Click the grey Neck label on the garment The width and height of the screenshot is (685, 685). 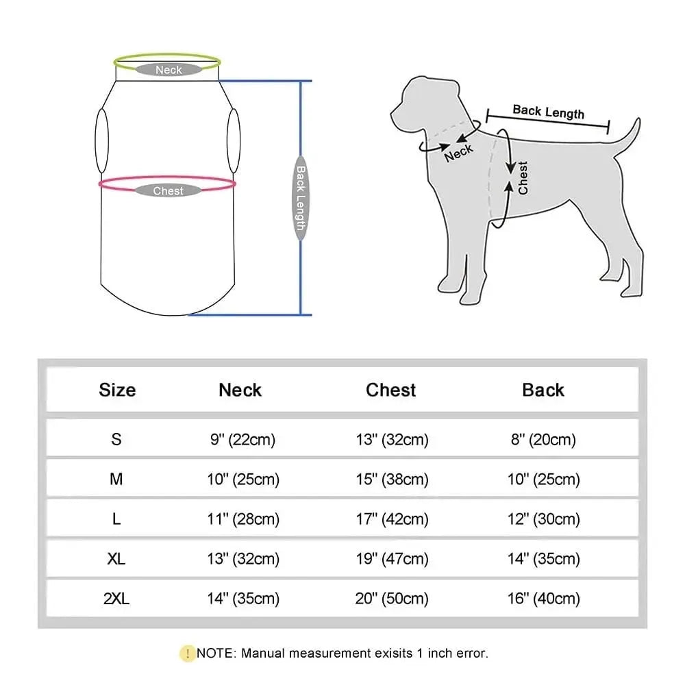[x=169, y=69]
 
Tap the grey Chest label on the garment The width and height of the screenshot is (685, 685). [x=168, y=191]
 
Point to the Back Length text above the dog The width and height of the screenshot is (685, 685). [x=548, y=112]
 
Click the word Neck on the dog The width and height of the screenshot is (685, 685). [x=458, y=153]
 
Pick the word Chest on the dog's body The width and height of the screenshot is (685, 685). [x=523, y=177]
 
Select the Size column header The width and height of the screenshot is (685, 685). [x=117, y=390]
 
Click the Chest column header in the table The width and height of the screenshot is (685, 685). [x=390, y=390]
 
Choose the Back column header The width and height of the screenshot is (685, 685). [x=543, y=390]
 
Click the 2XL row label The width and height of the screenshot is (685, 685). [x=117, y=599]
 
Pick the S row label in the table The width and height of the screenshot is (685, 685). [x=116, y=439]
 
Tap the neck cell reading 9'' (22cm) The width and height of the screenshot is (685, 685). [x=240, y=439]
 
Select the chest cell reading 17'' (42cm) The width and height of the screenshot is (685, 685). [x=392, y=519]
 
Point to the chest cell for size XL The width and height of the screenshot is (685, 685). [x=392, y=559]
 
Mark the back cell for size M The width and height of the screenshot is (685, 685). [x=543, y=480]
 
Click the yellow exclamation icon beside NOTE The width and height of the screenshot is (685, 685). [x=187, y=653]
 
